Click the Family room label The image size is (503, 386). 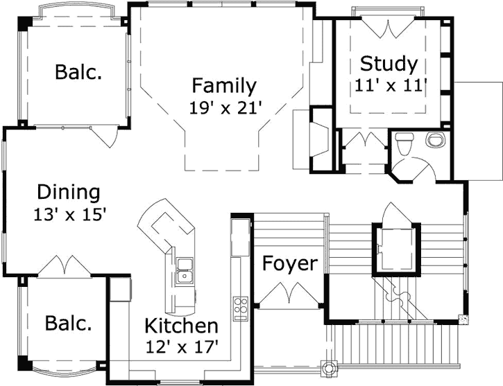(224, 85)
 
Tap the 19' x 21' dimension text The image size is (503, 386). (224, 108)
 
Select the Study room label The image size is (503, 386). (389, 64)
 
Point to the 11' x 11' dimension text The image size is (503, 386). (391, 85)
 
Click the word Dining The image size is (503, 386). (69, 193)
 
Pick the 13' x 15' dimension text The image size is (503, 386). (70, 214)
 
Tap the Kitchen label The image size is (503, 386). (181, 326)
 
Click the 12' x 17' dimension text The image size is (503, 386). (182, 346)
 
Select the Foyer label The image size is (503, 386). (290, 264)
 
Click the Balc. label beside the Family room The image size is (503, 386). (78, 72)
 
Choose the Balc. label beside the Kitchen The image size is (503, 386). (68, 323)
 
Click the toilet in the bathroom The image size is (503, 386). (404, 144)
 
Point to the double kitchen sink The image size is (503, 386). (185, 272)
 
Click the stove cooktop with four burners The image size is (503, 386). (241, 308)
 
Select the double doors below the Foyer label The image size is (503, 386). (290, 292)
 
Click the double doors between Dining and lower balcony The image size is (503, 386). (65, 265)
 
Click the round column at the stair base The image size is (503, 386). (328, 367)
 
